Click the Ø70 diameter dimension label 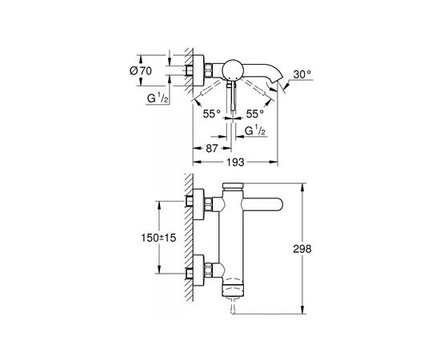pos(141,71)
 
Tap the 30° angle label pos(302,74)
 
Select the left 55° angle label pos(212,114)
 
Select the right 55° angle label pos(254,114)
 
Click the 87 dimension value pos(211,148)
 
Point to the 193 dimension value pos(235,162)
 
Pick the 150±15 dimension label pos(158,238)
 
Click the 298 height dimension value pos(302,249)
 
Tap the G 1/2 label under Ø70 pos(158,98)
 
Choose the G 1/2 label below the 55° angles pos(255,130)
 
